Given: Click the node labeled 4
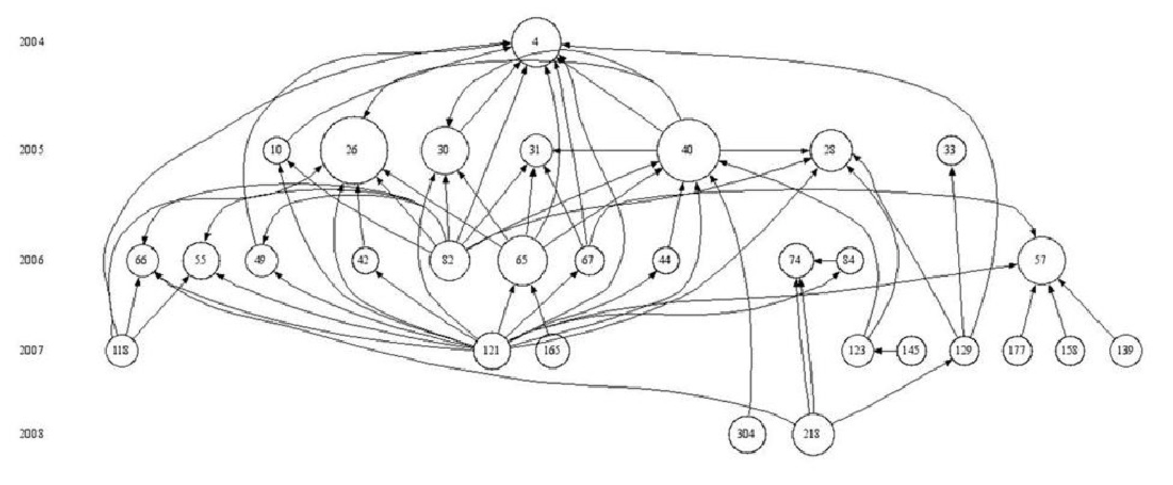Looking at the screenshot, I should [536, 41].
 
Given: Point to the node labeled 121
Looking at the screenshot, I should [493, 350].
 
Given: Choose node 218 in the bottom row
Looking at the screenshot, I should [812, 434].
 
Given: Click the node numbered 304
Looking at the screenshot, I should [747, 434].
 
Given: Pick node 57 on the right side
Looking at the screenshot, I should [1041, 260].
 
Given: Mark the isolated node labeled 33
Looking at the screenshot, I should [949, 151].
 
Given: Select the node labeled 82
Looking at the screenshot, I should [450, 260].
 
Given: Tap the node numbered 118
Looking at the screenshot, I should [122, 350].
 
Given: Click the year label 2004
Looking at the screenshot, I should [32, 42].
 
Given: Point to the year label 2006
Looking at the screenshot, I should [32, 260].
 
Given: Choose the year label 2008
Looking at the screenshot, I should [32, 434].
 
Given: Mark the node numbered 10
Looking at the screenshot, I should [276, 151].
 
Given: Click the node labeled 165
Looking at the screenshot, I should [552, 350].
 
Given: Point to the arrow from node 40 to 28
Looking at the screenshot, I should [765, 151].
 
